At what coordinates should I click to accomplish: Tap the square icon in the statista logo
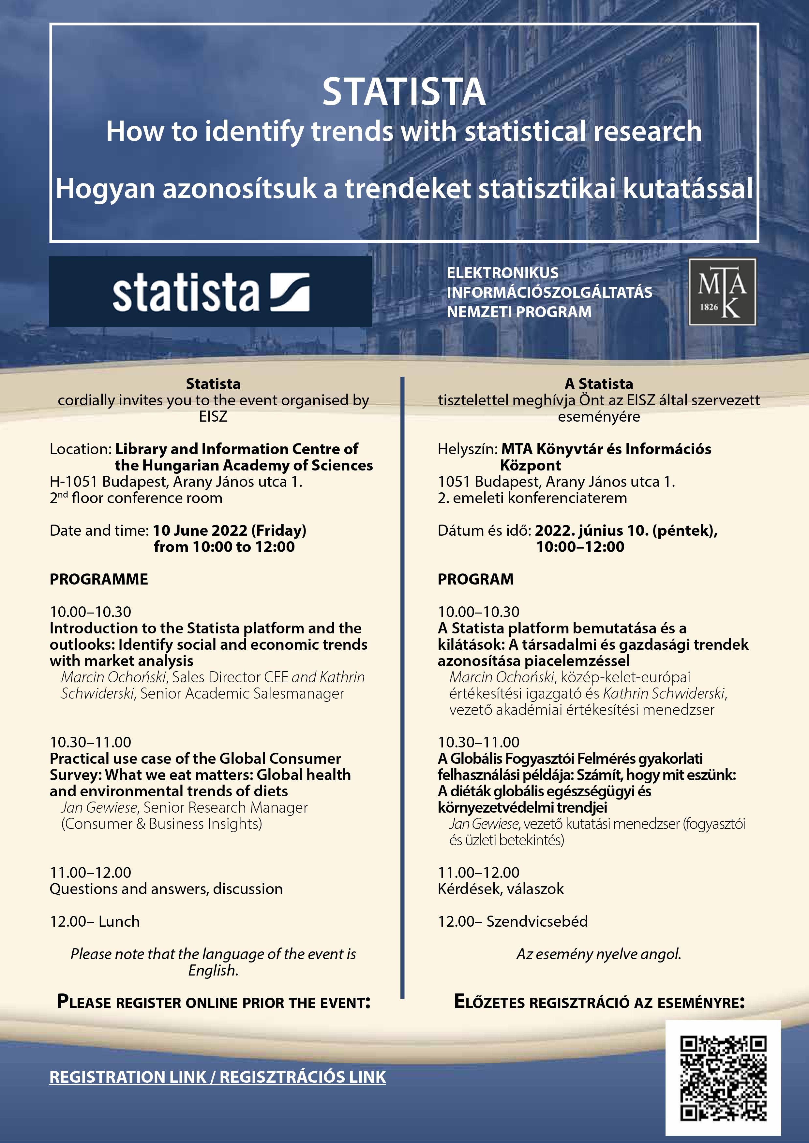tap(290, 292)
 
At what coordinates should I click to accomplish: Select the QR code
tap(723, 1078)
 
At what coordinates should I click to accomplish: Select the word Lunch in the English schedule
tap(119, 921)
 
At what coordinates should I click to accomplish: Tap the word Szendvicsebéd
tap(537, 921)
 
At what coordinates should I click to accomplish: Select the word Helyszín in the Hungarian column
tap(467, 449)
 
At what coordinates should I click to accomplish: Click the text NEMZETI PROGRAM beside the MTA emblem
tap(519, 312)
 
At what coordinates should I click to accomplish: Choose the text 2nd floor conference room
tap(136, 498)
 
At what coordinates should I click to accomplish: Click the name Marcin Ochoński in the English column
tap(113, 677)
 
